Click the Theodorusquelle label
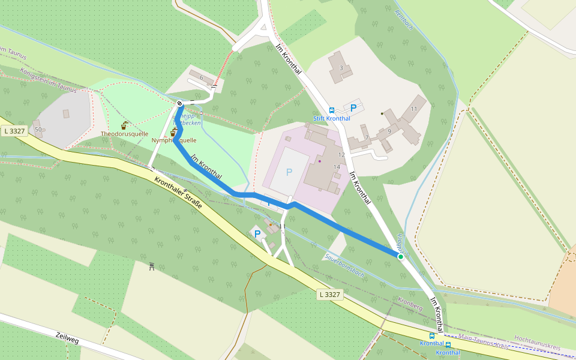tap(124, 134)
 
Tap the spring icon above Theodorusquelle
tap(124, 125)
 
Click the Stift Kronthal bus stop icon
tap(332, 110)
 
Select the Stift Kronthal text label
tap(332, 118)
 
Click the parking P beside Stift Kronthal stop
tap(353, 109)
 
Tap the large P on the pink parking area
tap(289, 172)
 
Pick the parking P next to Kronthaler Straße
tap(257, 234)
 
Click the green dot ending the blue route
tap(401, 256)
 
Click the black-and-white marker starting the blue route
tap(180, 104)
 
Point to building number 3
tap(341, 68)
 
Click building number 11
tap(414, 109)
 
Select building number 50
tap(38, 129)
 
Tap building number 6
tap(202, 78)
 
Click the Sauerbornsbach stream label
tap(344, 265)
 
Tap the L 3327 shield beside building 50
tap(14, 131)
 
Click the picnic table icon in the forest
tap(152, 266)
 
